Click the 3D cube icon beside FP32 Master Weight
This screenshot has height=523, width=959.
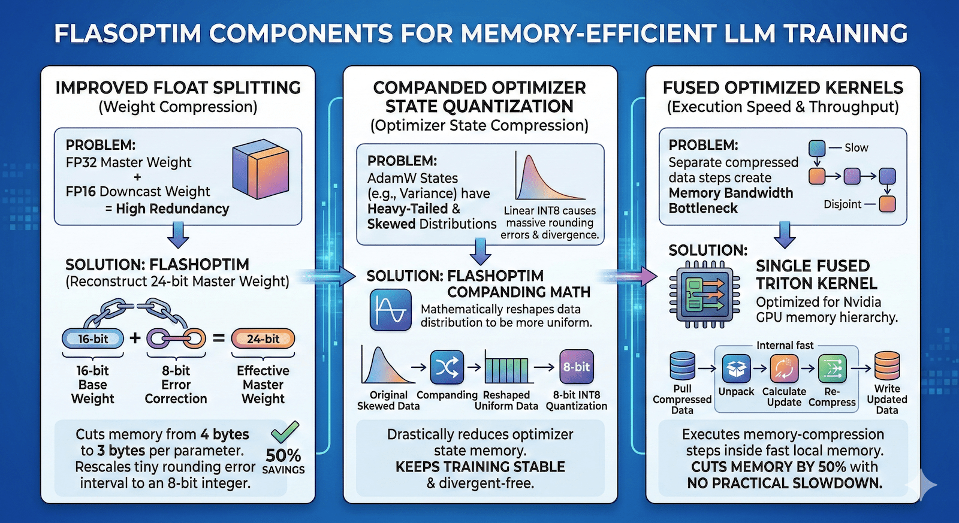tap(261, 169)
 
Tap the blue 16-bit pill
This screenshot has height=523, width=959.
tap(93, 338)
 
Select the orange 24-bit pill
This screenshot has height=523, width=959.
tap(263, 338)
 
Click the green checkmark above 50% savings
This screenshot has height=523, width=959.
tap(285, 431)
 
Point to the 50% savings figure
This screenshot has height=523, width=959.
tap(283, 456)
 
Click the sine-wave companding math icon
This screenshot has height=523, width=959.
tap(391, 310)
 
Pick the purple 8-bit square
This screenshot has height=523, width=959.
tap(576, 367)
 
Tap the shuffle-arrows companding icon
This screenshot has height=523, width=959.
tap(447, 367)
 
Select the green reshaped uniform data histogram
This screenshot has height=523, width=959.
tap(506, 369)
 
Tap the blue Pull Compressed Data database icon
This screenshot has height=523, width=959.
tap(682, 366)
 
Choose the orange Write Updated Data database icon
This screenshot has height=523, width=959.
tap(887, 366)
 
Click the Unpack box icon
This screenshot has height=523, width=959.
tap(736, 368)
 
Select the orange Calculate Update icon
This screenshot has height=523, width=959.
tap(784, 368)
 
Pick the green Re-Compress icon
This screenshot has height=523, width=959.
tap(832, 368)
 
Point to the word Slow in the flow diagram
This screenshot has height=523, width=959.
tap(856, 147)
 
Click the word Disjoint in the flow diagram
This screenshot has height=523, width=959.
tap(842, 204)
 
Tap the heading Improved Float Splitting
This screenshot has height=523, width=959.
tap(178, 87)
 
